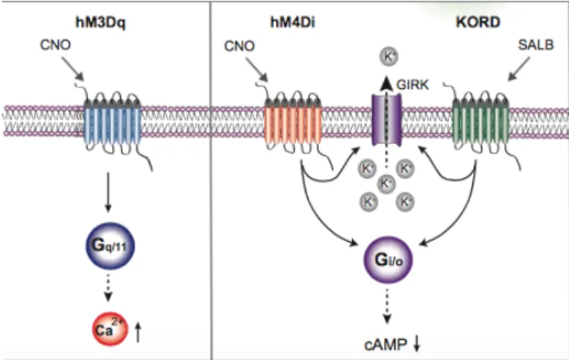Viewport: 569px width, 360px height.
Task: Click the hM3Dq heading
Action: (100, 22)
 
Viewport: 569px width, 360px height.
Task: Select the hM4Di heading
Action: (293, 22)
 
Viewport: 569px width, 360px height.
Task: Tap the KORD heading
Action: (478, 22)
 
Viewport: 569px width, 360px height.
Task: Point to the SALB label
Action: (536, 45)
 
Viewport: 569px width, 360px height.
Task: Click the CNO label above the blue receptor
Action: (55, 45)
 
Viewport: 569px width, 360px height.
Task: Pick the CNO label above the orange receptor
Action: (239, 46)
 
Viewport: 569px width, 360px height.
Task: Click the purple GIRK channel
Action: (387, 120)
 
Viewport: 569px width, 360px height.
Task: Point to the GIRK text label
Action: (412, 85)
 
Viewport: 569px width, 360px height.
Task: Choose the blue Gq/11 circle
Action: (110, 246)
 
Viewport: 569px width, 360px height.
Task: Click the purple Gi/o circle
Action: (388, 260)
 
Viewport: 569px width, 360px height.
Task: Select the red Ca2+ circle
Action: (110, 329)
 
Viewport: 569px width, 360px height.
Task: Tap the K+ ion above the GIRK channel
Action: (388, 56)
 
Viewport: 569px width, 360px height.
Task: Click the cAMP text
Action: (386, 344)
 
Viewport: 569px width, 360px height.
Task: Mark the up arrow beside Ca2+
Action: (137, 332)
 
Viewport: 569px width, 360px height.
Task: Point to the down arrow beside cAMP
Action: (417, 343)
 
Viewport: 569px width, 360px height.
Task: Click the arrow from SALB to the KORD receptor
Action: (518, 69)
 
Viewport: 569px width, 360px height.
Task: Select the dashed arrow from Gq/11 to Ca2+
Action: (108, 288)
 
